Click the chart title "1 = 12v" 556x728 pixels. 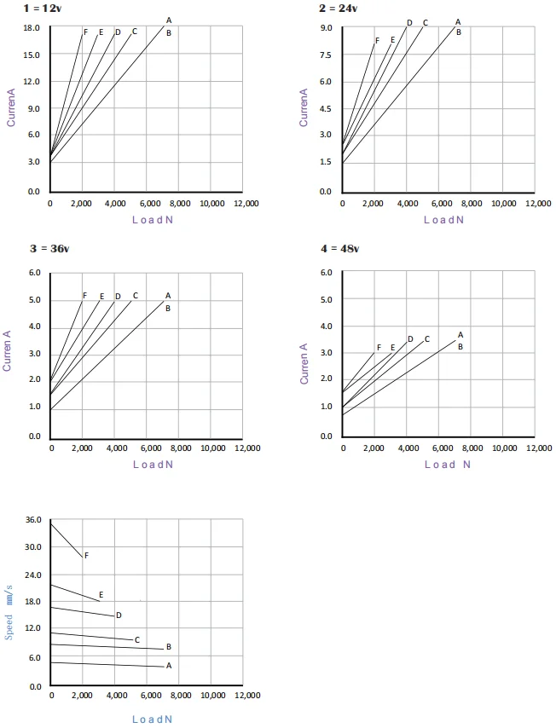(x=41, y=8)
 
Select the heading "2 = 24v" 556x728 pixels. (x=338, y=8)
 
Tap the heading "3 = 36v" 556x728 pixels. (x=49, y=249)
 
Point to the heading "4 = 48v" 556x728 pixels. (x=339, y=249)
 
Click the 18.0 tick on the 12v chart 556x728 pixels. (x=32, y=28)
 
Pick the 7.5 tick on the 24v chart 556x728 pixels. (x=326, y=55)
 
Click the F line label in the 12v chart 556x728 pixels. (x=85, y=32)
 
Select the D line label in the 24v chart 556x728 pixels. (x=409, y=23)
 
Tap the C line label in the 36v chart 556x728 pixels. (x=136, y=296)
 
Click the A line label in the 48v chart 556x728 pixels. (x=460, y=335)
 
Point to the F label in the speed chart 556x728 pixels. (x=86, y=555)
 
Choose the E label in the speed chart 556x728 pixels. (x=101, y=595)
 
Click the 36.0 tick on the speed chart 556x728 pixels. (x=33, y=520)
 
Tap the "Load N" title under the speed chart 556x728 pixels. (x=153, y=719)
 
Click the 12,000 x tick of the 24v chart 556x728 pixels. (x=537, y=204)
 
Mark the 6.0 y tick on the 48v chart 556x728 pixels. (x=326, y=273)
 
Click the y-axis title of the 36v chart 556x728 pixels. (x=8, y=355)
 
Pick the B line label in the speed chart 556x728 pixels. (x=169, y=647)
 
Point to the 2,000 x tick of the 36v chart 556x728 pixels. (x=82, y=448)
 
